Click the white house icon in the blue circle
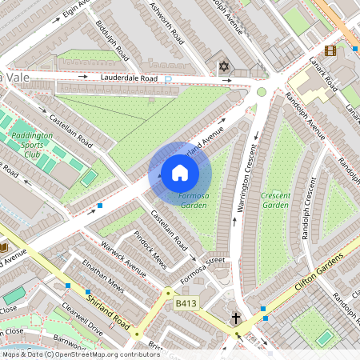coord(179,172)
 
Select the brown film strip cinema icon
coord(352,50)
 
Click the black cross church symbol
coord(236,319)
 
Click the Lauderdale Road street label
coord(129,78)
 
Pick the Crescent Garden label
coord(275,200)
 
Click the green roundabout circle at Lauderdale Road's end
coord(261,92)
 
